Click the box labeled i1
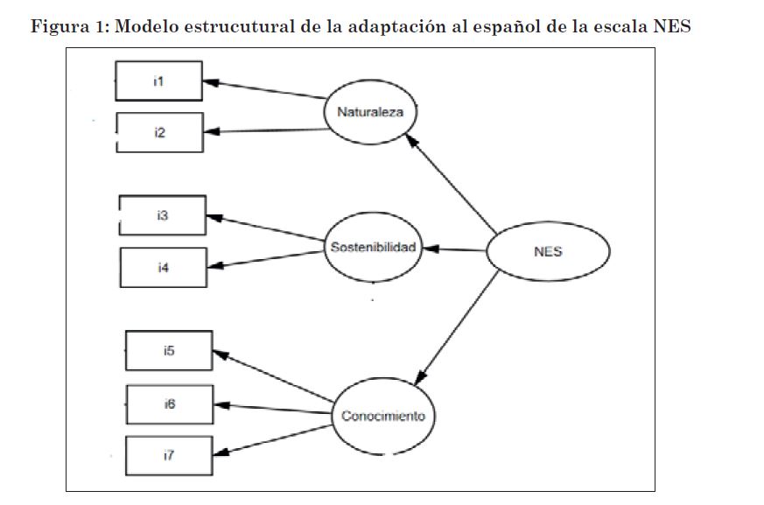tap(159, 81)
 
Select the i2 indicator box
tap(160, 132)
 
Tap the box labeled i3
tap(163, 215)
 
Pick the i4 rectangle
tap(164, 268)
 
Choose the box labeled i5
tap(169, 350)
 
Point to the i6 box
tap(170, 404)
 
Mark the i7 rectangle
tap(169, 455)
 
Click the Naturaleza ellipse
tap(370, 112)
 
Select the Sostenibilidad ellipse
tap(373, 247)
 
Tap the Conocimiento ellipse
tap(383, 417)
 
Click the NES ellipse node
tap(548, 251)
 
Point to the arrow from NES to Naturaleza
tap(452, 184)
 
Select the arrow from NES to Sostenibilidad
tap(454, 249)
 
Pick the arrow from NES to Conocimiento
tap(457, 327)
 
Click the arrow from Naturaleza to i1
tap(264, 89)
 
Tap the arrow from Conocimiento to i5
tap(274, 376)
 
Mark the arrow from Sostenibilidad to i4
tap(266, 259)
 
